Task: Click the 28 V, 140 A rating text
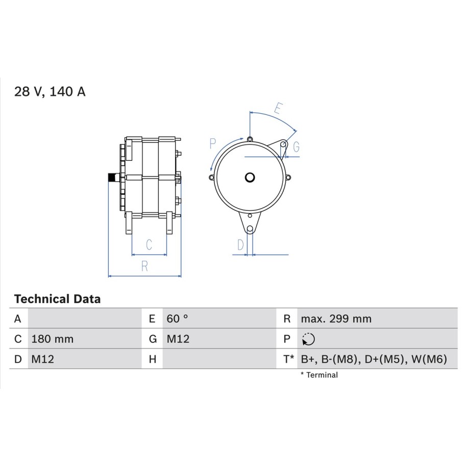click(x=50, y=91)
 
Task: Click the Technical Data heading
click(x=58, y=299)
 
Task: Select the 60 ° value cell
click(x=177, y=318)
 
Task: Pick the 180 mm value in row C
click(x=53, y=339)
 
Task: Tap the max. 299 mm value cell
click(x=336, y=318)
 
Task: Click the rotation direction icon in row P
click(x=308, y=339)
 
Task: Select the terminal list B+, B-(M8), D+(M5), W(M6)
click(x=374, y=359)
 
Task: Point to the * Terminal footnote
click(x=319, y=375)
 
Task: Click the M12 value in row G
click(x=178, y=339)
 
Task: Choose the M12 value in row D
click(x=42, y=359)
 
